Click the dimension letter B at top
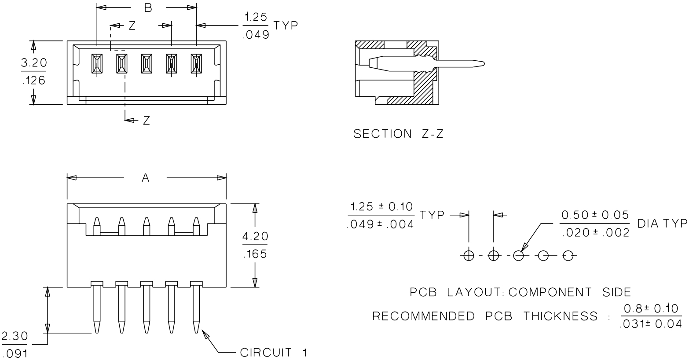[148, 8]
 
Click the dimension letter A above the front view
[146, 178]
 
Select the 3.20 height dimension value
[34, 63]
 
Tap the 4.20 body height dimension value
[255, 237]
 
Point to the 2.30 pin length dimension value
[15, 337]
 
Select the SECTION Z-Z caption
[399, 134]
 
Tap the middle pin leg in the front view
[146, 308]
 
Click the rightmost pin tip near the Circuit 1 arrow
[196, 328]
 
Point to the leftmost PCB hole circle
[469, 255]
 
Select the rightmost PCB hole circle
[568, 255]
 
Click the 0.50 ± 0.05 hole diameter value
[595, 215]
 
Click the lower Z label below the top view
[146, 121]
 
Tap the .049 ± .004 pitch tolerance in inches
[381, 224]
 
